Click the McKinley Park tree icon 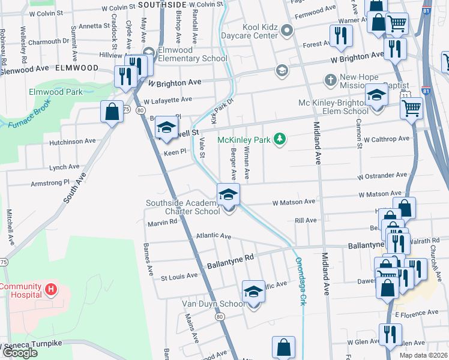279,139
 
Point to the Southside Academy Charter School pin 228,196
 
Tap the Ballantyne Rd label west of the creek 231,261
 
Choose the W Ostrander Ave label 382,176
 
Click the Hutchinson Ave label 73,142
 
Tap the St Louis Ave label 179,276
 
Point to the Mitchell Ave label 10,225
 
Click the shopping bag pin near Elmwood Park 112,113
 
